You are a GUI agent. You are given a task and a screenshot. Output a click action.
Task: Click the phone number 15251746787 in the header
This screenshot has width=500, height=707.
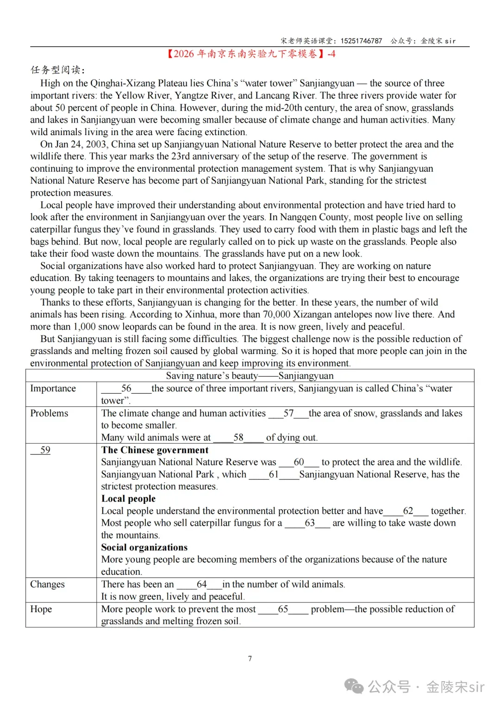click(x=361, y=41)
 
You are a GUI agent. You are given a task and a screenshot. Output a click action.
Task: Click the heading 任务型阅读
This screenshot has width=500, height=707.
click(x=58, y=70)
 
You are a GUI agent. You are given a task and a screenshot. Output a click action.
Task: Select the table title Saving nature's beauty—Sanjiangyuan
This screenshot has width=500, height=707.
click(x=250, y=376)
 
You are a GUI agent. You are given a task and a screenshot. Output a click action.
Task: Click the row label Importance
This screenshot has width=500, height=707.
click(x=53, y=388)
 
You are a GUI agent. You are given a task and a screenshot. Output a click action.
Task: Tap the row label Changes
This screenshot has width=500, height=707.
click(x=47, y=584)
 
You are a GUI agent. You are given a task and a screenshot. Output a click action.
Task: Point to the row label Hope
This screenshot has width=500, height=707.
click(x=41, y=609)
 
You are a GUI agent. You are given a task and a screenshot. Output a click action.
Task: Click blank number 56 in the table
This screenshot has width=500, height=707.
click(x=126, y=388)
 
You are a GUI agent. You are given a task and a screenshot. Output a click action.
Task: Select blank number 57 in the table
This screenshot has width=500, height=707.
click(x=288, y=413)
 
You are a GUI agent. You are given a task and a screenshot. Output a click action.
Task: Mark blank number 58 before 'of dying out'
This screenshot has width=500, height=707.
click(x=238, y=437)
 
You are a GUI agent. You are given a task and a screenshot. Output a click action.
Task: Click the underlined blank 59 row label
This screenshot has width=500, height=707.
click(x=45, y=450)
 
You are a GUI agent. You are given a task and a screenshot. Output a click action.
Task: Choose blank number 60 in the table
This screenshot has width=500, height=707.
click(x=299, y=462)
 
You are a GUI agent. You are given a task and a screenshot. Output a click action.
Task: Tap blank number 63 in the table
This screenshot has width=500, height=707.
click(x=309, y=523)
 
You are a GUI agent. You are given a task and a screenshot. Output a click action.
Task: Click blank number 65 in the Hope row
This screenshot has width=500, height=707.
click(x=283, y=609)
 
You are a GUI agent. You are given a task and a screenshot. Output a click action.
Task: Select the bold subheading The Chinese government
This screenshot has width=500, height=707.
click(x=155, y=450)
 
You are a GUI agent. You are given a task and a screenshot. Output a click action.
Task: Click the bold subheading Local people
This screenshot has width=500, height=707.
click(x=128, y=498)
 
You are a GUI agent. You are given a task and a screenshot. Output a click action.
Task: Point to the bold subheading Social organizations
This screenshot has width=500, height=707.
click(x=144, y=547)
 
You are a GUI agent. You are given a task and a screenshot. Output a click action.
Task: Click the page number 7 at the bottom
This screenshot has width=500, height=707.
click(x=250, y=658)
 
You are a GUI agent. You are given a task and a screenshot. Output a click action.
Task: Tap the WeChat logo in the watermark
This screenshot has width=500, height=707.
click(x=355, y=687)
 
